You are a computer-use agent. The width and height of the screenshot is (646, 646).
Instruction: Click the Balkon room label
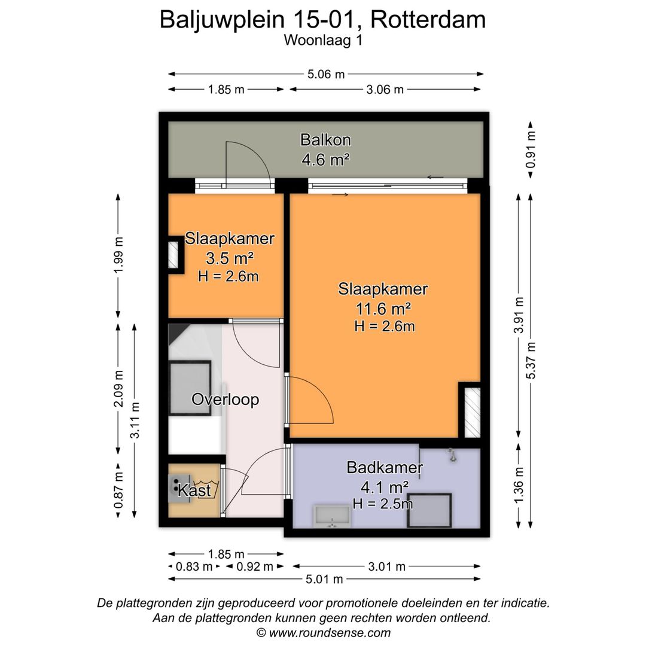[325, 141]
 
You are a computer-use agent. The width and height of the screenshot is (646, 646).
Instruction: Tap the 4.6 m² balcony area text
[325, 160]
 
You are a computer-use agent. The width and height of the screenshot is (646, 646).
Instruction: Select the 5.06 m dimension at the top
[325, 74]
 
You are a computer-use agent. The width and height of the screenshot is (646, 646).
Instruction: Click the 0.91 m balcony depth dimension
[530, 149]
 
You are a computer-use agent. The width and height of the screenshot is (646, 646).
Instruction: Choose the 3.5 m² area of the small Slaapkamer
[229, 258]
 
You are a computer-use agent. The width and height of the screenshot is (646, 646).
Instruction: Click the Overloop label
[225, 400]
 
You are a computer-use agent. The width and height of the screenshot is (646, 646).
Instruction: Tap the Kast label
[195, 491]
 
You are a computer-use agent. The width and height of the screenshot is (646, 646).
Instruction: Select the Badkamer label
[385, 468]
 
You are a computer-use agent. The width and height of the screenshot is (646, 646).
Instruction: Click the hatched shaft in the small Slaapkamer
[174, 255]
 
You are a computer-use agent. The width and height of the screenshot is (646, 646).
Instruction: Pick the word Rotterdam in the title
[428, 20]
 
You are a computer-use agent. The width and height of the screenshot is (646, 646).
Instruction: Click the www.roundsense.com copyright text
[323, 632]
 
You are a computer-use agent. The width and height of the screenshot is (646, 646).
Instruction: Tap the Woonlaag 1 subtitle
[324, 41]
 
